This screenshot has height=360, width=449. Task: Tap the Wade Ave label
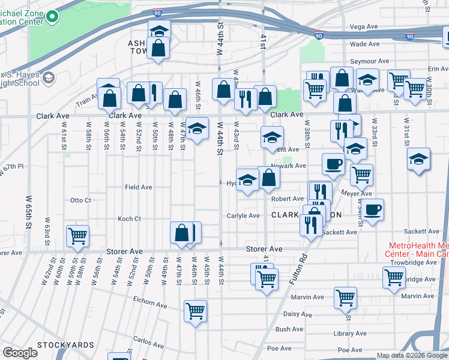(x=364, y=44)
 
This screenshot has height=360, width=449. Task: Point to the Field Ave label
(x=138, y=187)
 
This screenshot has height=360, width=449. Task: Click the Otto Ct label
(x=80, y=200)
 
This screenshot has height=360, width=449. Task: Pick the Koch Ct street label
(x=129, y=218)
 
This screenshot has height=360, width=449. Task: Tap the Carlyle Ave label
(x=243, y=215)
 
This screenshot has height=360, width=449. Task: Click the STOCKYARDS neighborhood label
(x=65, y=345)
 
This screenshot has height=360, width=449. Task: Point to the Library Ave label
(x=352, y=334)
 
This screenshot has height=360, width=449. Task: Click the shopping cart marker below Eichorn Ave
(x=195, y=311)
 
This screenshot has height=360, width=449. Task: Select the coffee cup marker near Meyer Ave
(x=373, y=209)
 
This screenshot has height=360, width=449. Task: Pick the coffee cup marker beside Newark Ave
(x=333, y=163)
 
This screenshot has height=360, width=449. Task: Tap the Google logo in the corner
(x=20, y=352)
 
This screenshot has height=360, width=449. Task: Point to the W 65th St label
(x=29, y=211)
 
